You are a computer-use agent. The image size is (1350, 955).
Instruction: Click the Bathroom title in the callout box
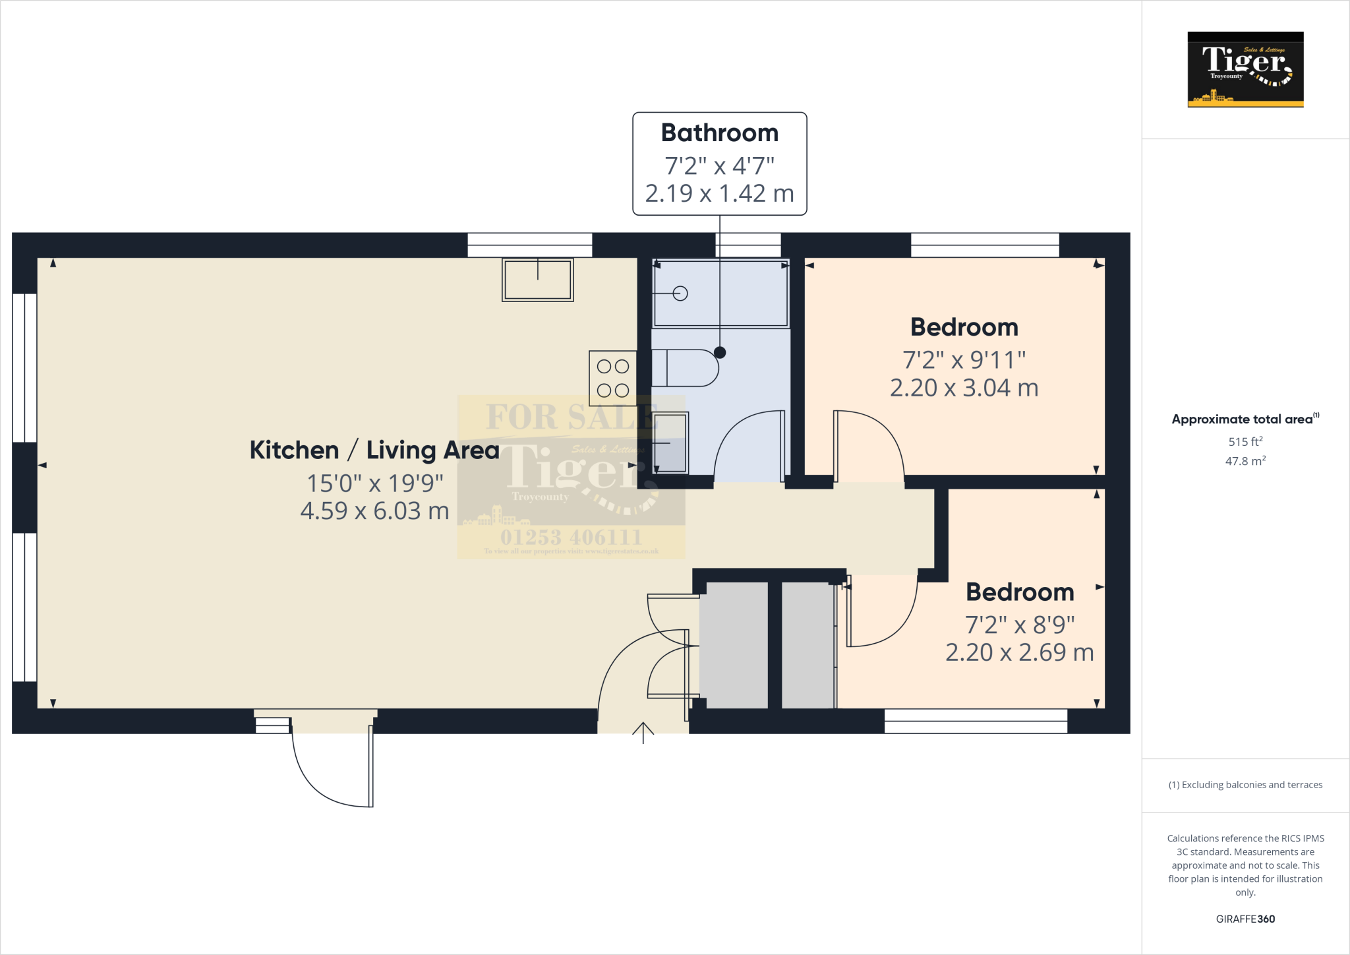[x=719, y=133]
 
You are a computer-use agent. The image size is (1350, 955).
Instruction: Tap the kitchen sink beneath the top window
[x=537, y=280]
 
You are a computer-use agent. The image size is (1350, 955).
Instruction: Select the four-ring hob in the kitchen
[x=612, y=378]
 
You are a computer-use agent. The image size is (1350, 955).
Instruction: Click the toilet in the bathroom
[x=686, y=368]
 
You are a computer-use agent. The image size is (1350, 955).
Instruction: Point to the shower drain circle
[x=680, y=293]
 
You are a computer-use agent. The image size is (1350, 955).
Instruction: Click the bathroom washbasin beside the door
[x=670, y=443]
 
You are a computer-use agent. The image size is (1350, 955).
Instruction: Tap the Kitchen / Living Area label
[x=374, y=450]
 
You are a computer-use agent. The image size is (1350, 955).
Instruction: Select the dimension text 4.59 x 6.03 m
[x=374, y=511]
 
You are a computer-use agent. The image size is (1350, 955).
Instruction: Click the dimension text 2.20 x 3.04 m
[x=964, y=388]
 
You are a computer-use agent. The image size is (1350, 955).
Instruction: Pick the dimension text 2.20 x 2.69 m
[x=1019, y=652]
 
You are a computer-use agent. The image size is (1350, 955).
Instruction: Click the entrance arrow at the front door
[x=643, y=731]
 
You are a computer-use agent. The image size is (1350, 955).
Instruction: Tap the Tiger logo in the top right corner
[x=1245, y=69]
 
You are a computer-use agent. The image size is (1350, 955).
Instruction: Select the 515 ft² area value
[x=1245, y=441]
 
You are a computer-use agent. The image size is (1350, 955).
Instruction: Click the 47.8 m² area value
[x=1245, y=461]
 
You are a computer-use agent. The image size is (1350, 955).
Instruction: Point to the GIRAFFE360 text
[x=1245, y=919]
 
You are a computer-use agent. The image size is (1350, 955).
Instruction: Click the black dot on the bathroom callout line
[x=720, y=352]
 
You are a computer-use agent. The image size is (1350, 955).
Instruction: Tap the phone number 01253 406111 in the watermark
[x=571, y=537]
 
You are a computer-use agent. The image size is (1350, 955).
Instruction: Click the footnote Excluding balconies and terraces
[x=1245, y=785]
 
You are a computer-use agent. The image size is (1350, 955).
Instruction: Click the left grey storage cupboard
[x=733, y=645]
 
